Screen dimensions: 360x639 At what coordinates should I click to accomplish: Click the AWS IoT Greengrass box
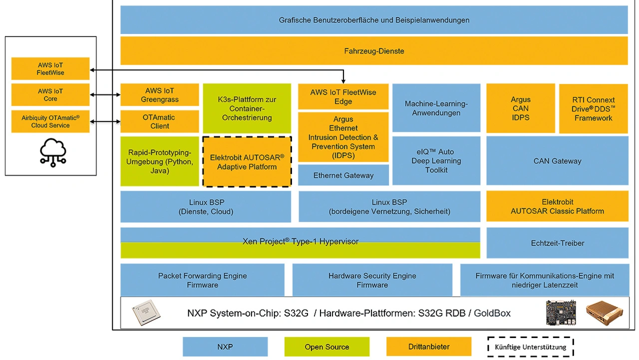coord(160,95)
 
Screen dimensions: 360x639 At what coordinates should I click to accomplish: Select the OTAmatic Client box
coord(160,121)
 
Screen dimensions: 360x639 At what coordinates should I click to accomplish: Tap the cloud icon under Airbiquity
coord(50,152)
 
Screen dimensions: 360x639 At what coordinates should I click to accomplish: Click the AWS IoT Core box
coord(50,95)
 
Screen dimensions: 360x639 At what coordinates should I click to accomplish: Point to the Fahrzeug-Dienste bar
coord(374,51)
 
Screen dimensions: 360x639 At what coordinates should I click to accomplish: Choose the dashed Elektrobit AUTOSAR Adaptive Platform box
coord(247,162)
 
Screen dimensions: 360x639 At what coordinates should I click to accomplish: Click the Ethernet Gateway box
coord(343,175)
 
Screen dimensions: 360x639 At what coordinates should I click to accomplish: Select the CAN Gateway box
coord(557,161)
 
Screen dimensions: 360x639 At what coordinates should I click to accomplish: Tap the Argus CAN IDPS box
coord(520,108)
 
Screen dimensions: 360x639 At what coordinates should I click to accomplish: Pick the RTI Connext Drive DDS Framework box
coord(593,108)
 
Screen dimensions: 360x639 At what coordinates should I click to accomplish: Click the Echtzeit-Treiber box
coord(557,243)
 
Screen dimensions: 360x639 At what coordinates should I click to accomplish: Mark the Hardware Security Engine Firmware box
coord(372,280)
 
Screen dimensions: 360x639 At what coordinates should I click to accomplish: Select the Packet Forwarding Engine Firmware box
coord(202,280)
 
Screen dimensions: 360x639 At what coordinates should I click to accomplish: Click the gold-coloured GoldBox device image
coord(605,313)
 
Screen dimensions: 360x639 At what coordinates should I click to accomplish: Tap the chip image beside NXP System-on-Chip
coord(148,313)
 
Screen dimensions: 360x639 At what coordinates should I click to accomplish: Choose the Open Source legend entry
coord(326,347)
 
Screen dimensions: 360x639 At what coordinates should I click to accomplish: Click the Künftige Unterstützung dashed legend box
coord(531,347)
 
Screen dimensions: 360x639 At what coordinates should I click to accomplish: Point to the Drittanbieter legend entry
coord(429,347)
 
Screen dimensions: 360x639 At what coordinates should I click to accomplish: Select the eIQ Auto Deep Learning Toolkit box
coord(436,161)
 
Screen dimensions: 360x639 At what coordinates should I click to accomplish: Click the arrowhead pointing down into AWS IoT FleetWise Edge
coord(343,81)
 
